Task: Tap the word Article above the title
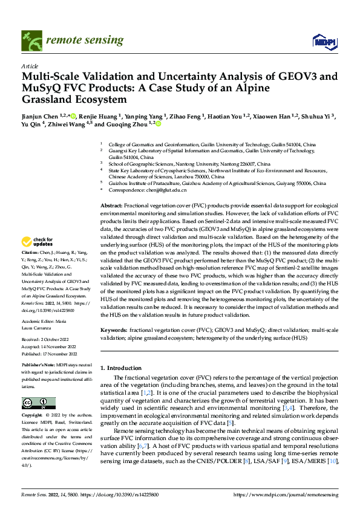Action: pos(30,65)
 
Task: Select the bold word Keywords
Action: pos(114,331)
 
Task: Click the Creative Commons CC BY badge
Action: pos(39,403)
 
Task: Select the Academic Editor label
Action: pos(39,322)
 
